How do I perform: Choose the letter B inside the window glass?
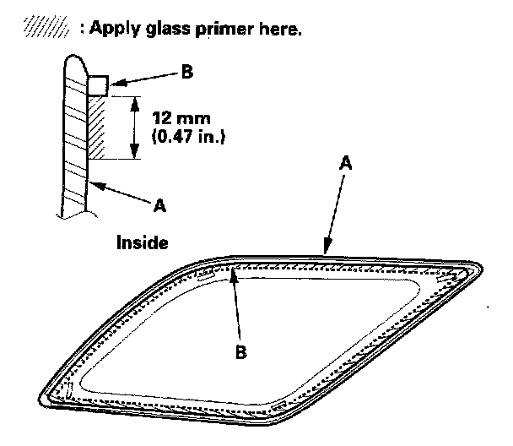(241, 352)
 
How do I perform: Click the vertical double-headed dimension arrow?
(132, 127)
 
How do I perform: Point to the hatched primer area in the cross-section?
(94, 127)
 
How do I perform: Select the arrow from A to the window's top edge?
(334, 211)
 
